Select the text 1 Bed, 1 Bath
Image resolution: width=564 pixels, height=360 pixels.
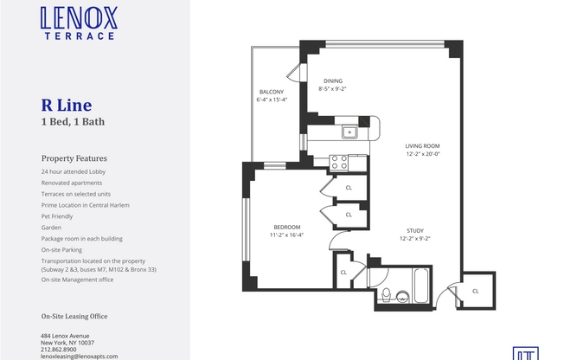point(73,122)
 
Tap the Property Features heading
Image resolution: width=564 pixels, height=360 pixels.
point(74,158)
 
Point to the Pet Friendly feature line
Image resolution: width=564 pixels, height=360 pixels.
point(59,216)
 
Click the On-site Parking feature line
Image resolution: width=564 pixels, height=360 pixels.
point(63,250)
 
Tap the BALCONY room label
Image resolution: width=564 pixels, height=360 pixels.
point(271,92)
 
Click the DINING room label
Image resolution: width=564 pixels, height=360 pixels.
point(333,81)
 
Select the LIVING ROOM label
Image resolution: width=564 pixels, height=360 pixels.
point(424,146)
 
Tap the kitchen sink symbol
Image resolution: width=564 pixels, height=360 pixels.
point(349,132)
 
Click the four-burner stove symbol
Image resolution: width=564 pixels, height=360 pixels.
point(338,161)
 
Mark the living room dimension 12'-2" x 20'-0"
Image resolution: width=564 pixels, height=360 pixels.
point(424,154)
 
